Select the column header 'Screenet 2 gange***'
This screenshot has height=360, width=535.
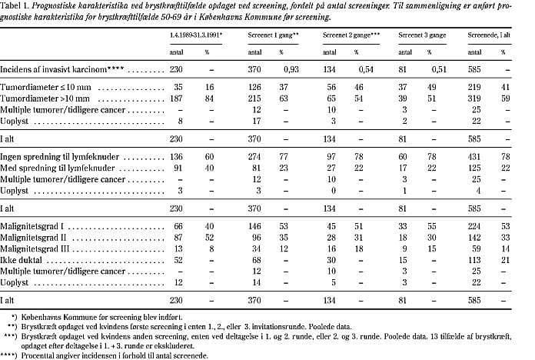pyautogui.click(x=358, y=35)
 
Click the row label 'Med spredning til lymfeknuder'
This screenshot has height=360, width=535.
pyautogui.click(x=55, y=188)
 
